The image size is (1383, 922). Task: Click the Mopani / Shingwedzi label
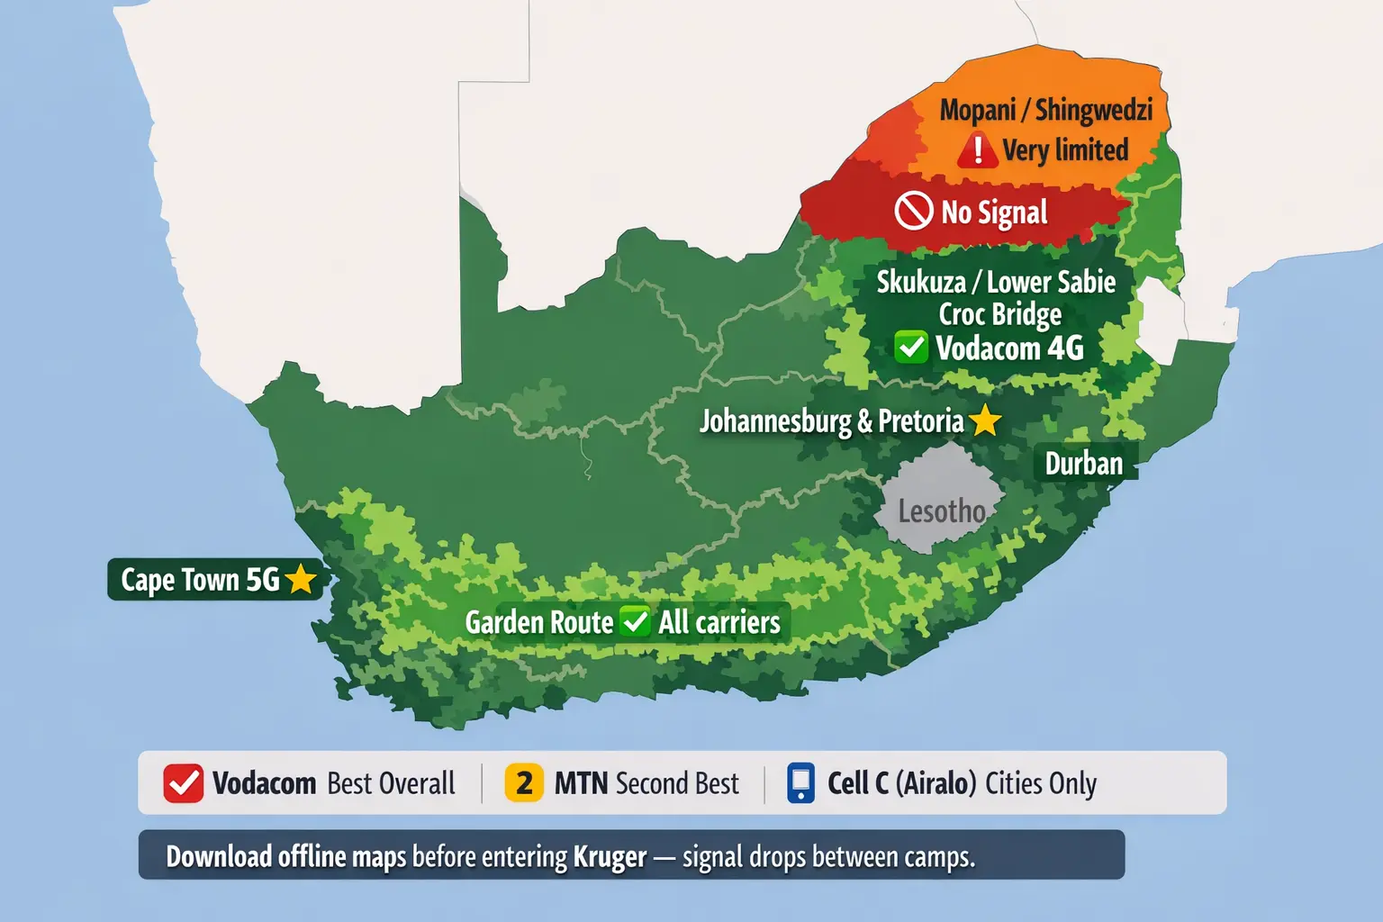(x=1045, y=110)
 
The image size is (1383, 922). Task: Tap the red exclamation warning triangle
(x=977, y=150)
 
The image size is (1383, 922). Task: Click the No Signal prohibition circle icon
(x=913, y=212)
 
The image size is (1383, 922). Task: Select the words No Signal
(x=994, y=213)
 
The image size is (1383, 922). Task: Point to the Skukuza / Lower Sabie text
(x=996, y=282)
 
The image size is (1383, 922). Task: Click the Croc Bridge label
(x=999, y=314)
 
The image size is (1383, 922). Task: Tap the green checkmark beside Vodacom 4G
(x=911, y=347)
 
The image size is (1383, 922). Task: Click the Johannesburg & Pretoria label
(x=831, y=421)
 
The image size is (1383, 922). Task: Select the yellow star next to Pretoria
(x=985, y=420)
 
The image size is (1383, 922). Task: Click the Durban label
(x=1083, y=464)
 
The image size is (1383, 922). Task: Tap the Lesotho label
(x=942, y=511)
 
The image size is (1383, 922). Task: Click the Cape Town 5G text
(x=200, y=580)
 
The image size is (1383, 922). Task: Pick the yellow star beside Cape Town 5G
(x=301, y=580)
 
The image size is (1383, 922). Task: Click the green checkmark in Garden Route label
(x=636, y=621)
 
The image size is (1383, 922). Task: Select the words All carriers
(x=719, y=622)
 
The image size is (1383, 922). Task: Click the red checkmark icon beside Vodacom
(x=183, y=783)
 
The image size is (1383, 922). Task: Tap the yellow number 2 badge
(x=524, y=782)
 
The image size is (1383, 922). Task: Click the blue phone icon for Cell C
(x=800, y=782)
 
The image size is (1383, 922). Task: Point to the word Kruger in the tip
(x=610, y=856)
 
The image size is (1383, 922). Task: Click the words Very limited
(x=1065, y=150)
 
